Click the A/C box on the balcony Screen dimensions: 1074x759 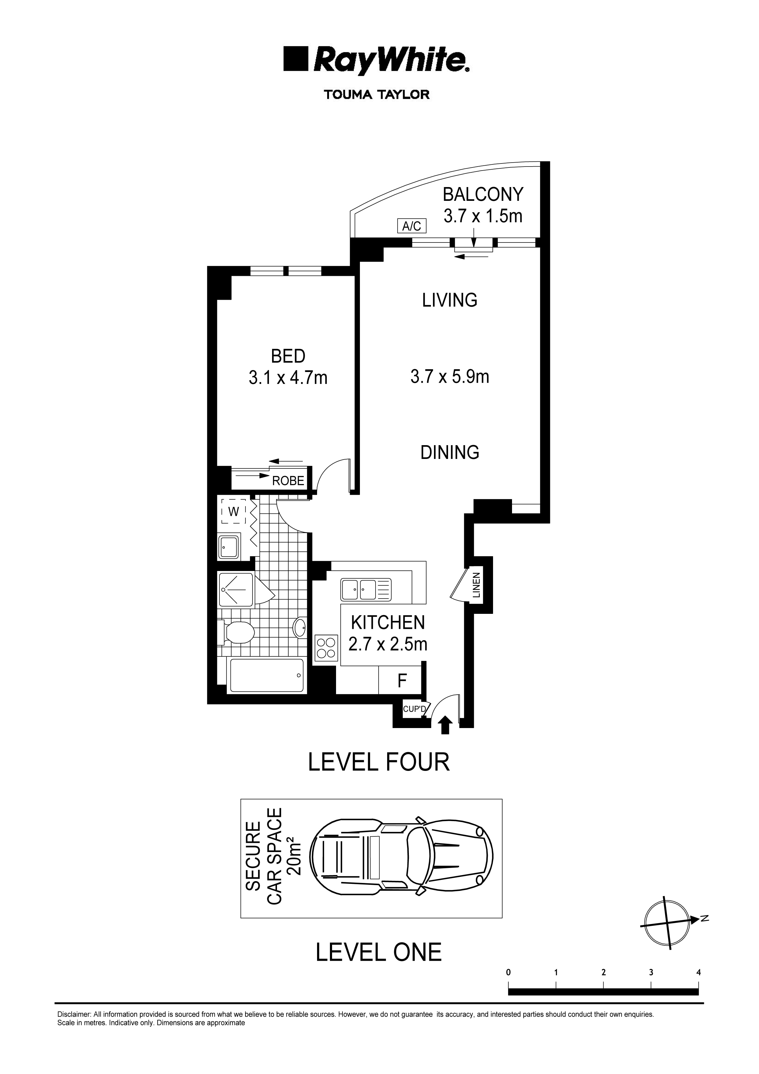412,226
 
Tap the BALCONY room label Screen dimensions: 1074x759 483,194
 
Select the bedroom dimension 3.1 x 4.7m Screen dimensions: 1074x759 288,377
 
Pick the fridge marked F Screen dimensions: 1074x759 402,681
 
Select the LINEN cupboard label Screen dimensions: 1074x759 476,585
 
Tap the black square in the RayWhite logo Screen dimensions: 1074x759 296,59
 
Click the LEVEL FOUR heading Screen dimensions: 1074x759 379,762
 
